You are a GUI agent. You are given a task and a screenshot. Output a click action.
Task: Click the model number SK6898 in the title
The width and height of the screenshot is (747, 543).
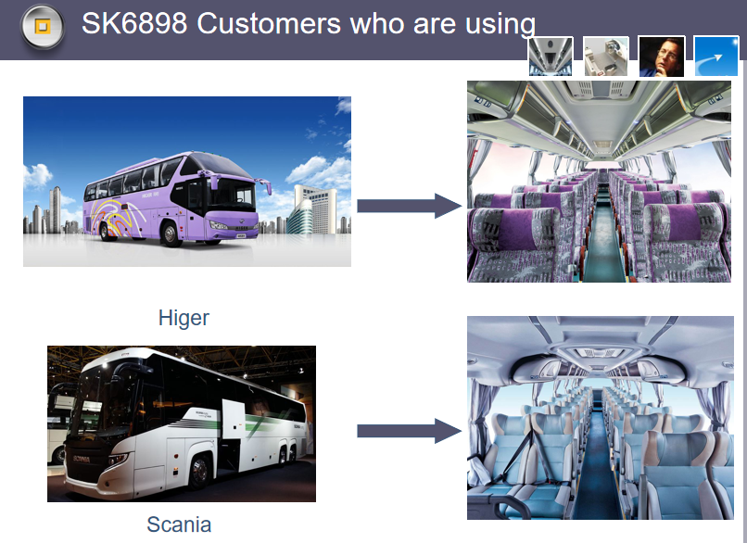[134, 23]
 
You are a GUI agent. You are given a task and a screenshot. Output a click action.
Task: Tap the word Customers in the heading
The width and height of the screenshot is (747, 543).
[270, 23]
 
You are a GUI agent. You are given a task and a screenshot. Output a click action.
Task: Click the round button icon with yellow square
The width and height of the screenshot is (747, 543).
[43, 27]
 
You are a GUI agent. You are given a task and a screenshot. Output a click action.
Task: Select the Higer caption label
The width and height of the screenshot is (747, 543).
[184, 318]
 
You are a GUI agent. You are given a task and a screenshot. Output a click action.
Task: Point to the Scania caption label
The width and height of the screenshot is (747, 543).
[179, 524]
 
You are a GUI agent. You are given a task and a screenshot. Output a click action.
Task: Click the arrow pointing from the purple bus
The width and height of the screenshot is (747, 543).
[410, 206]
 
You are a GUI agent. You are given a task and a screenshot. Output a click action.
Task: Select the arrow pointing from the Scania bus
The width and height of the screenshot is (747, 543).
[410, 431]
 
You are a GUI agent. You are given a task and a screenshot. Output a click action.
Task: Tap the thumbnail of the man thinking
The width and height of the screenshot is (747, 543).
[661, 57]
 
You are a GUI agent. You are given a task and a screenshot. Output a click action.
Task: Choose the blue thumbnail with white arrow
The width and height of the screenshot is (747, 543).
[716, 57]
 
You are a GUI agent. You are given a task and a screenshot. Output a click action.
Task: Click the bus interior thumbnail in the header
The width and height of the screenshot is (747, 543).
[551, 57]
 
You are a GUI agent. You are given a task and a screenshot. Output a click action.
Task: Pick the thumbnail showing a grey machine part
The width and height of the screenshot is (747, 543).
[606, 57]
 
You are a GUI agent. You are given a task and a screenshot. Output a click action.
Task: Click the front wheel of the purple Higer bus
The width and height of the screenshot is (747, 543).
[171, 234]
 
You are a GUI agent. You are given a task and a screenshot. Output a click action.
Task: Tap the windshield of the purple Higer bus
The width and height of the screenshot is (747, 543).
[231, 193]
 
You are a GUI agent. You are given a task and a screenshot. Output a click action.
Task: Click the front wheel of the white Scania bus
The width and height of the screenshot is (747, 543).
[199, 472]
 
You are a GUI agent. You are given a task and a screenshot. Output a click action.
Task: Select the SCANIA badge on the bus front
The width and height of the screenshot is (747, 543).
[81, 460]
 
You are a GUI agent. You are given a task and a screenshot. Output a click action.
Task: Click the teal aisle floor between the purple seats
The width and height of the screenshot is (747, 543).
[603, 238]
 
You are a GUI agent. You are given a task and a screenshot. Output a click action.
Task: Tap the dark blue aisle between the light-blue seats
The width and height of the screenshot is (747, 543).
[596, 467]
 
